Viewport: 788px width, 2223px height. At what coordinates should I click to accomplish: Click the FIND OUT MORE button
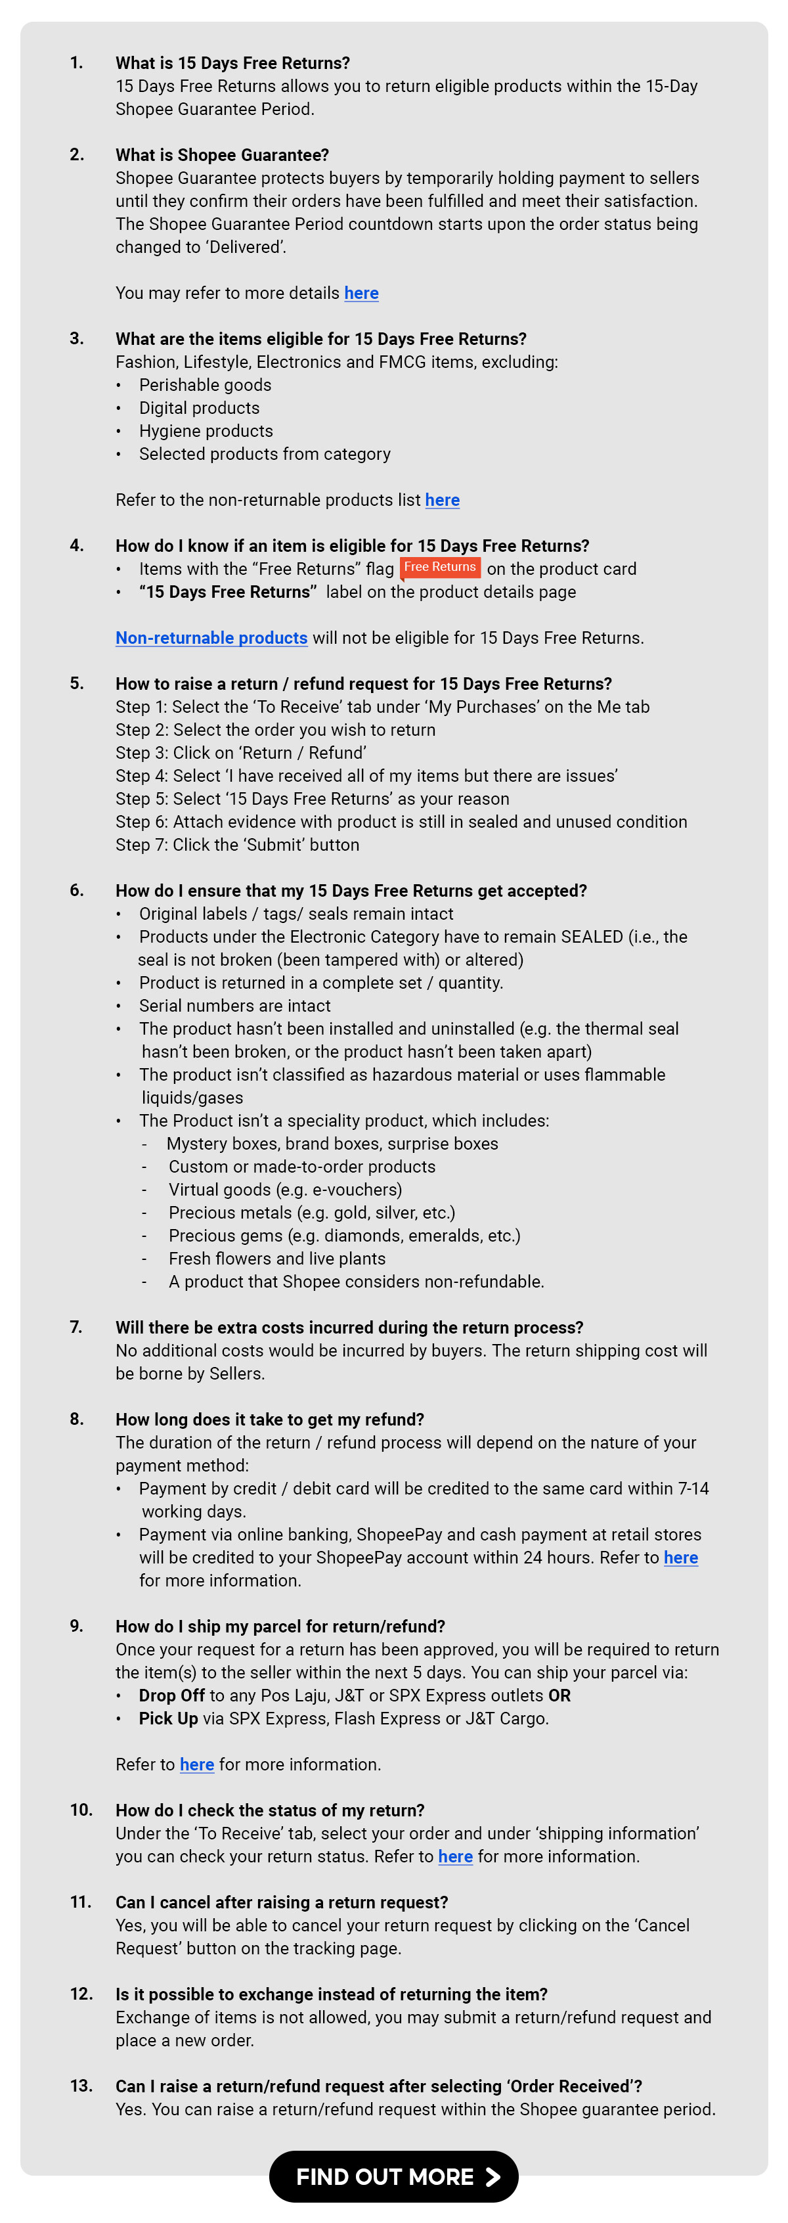tap(393, 2176)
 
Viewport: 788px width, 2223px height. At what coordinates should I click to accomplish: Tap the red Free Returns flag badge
tap(440, 567)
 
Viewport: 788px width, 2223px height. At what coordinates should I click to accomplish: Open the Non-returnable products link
tap(211, 638)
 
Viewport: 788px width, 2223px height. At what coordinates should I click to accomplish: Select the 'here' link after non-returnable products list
tap(442, 501)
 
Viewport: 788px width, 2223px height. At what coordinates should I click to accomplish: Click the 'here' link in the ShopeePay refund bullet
tap(680, 1558)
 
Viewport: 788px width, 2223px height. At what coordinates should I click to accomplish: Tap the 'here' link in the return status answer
tap(455, 1856)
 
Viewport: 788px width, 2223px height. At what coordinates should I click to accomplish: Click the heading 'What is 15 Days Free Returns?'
tap(233, 63)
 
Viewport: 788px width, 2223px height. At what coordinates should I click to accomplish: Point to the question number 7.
tap(76, 1327)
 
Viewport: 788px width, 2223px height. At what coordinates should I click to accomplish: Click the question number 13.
tap(81, 2086)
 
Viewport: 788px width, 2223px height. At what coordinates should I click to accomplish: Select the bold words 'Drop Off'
tap(172, 1695)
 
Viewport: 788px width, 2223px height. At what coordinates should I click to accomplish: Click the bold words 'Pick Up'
tap(168, 1718)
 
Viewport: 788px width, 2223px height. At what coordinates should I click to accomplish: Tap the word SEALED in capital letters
tap(592, 937)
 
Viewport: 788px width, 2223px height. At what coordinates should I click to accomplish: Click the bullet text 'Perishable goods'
tap(206, 385)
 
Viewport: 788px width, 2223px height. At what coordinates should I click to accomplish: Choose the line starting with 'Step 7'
tap(237, 845)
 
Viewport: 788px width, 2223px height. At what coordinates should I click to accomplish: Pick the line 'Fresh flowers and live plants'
tap(277, 1259)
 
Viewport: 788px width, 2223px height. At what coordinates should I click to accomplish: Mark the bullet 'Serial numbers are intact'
tap(235, 1006)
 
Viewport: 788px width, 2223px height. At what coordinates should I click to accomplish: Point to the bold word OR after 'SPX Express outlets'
tap(559, 1695)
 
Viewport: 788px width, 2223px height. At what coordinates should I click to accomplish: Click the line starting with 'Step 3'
tap(241, 753)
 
